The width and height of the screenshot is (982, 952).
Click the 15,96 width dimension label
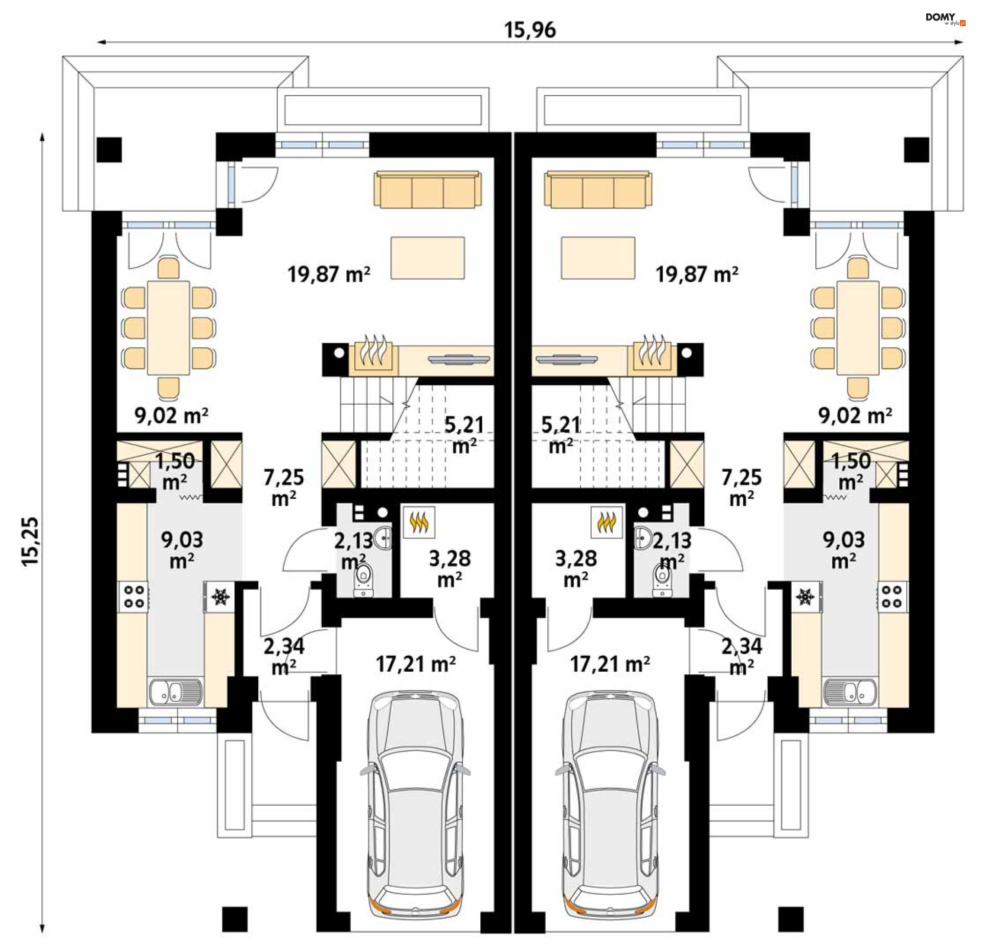[530, 30]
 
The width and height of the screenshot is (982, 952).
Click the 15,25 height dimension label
[30, 541]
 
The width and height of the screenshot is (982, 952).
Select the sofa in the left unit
[428, 189]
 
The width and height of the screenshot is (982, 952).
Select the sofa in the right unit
[598, 189]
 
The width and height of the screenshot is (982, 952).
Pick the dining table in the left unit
[168, 328]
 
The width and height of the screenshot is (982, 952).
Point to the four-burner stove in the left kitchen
[134, 596]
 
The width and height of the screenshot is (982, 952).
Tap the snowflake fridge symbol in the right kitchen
[806, 596]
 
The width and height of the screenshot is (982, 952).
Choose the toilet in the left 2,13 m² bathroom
[364, 581]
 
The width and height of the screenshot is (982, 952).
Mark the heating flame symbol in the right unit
[607, 522]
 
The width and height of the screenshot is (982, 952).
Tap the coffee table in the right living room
[598, 258]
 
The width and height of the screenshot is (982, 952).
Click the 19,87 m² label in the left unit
[329, 275]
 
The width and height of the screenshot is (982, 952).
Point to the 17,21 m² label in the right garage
[610, 665]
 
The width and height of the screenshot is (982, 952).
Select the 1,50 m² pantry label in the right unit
[851, 471]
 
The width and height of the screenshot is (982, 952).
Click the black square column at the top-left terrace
[109, 149]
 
